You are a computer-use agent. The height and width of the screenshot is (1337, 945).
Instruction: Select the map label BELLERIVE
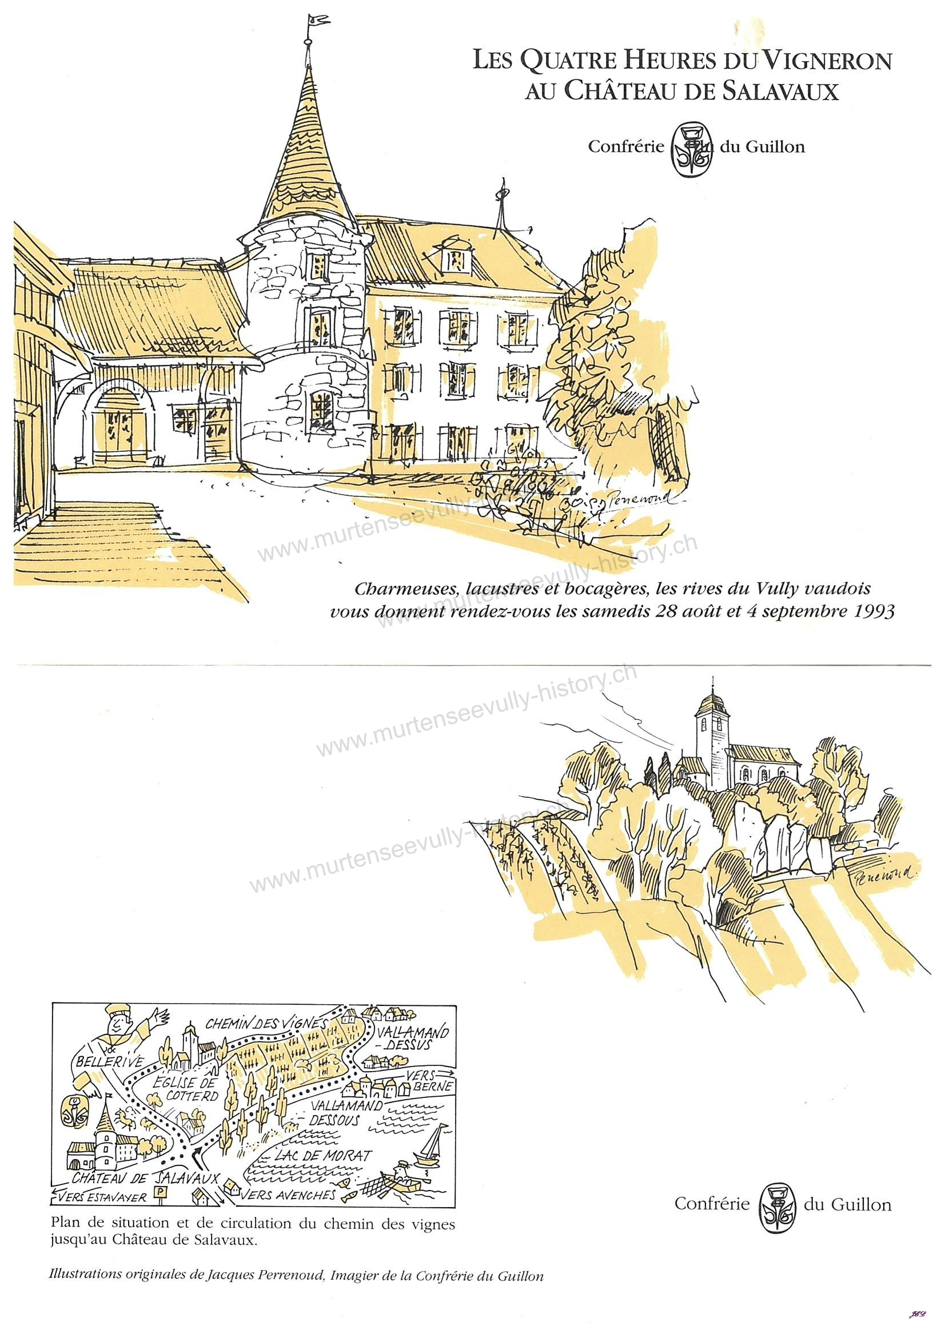109,1061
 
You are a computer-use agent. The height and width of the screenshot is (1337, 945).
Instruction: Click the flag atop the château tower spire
317,21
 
